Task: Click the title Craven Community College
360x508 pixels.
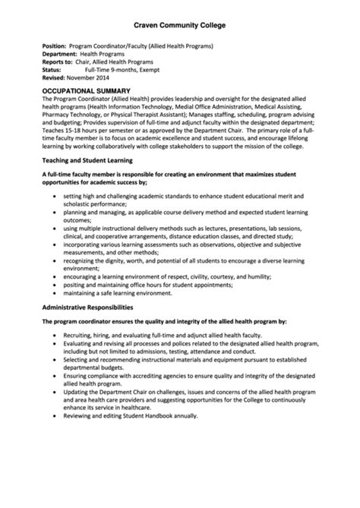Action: pyautogui.click(x=179, y=25)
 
